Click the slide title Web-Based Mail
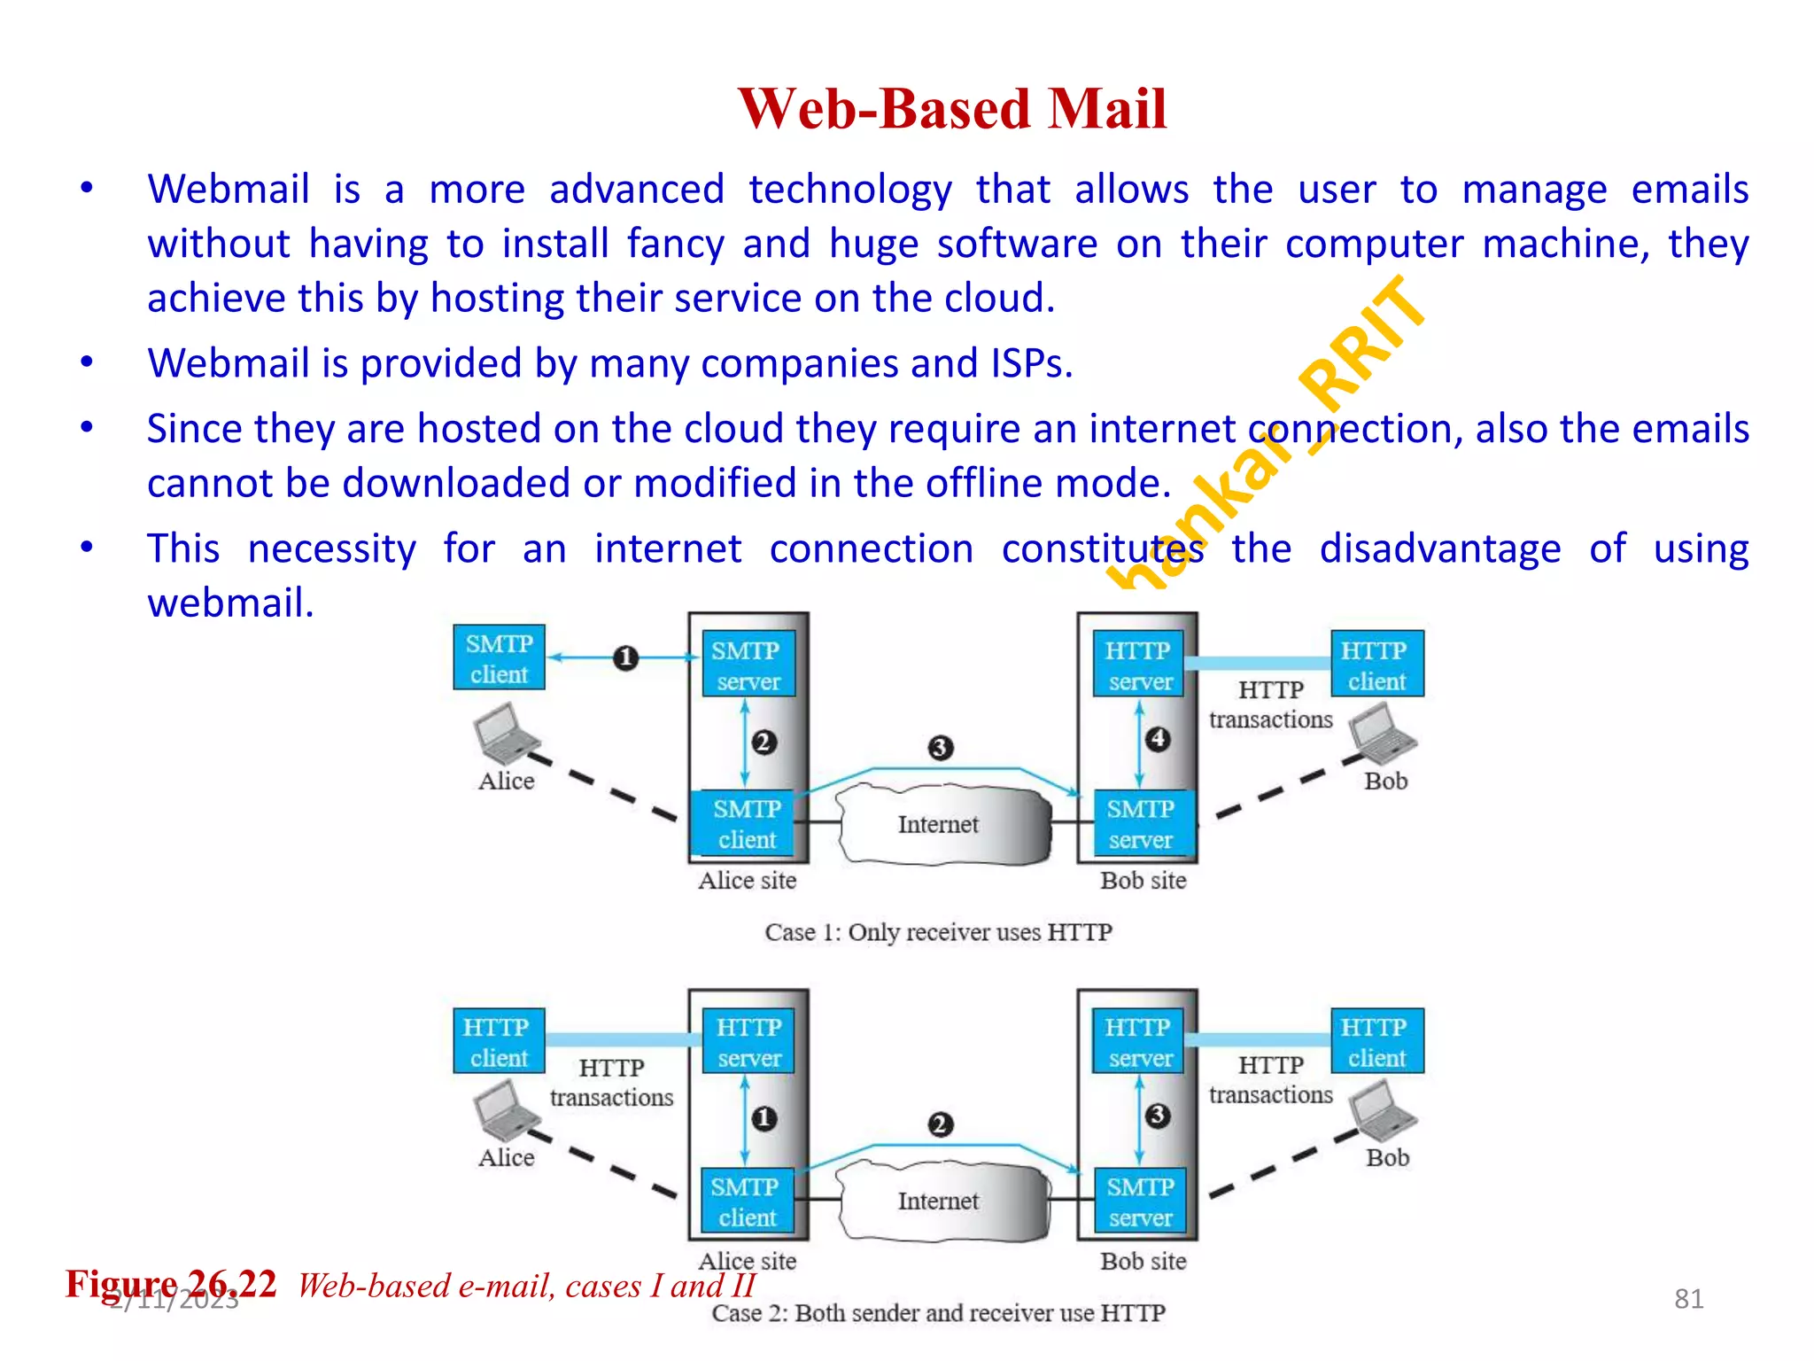point(952,109)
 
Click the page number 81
point(1688,1299)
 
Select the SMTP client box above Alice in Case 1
point(499,658)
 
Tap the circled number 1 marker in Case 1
point(625,658)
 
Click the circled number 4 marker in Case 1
point(1157,739)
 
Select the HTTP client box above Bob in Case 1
point(1376,665)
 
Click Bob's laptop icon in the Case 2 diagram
point(1383,1113)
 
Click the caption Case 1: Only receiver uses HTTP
point(938,932)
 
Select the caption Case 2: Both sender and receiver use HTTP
point(938,1313)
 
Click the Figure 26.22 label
point(171,1284)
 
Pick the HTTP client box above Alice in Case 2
point(498,1042)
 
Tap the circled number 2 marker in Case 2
point(940,1125)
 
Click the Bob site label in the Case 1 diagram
point(1143,881)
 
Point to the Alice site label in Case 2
point(747,1261)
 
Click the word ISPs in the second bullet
point(1031,363)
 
